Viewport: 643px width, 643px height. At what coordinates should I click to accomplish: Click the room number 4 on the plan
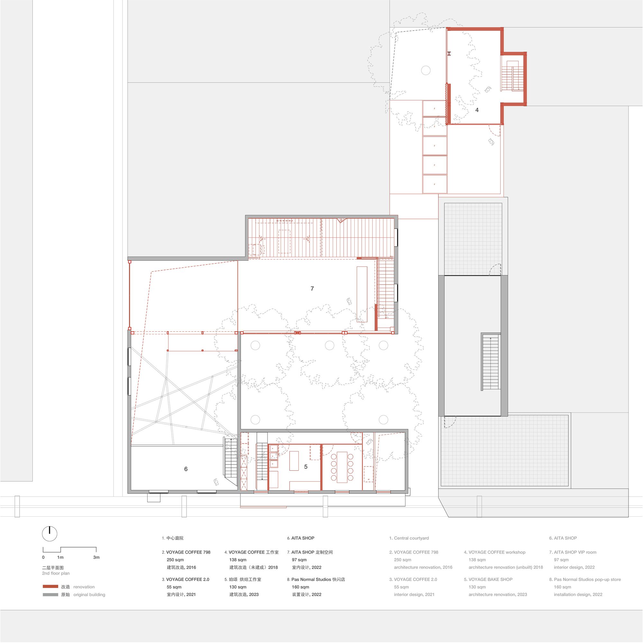477,110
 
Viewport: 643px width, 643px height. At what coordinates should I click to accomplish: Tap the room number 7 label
312,289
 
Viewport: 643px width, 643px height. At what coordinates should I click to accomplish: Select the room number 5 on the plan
306,467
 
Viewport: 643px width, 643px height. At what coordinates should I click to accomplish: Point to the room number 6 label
186,469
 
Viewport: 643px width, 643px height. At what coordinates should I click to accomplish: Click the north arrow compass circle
50,534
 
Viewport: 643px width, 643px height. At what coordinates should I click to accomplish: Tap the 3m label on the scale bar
96,557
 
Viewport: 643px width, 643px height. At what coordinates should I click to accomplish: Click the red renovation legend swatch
50,587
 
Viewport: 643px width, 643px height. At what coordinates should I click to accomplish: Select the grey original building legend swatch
50,595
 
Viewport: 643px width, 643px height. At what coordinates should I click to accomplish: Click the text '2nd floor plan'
56,574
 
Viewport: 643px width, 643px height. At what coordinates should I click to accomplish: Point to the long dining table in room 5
342,467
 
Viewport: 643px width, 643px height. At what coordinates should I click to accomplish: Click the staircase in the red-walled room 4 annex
512,76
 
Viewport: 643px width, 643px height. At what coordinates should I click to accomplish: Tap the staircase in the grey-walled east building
491,362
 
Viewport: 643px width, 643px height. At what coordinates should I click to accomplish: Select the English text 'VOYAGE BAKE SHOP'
491,579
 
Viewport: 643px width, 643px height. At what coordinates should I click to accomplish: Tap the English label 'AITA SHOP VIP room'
575,552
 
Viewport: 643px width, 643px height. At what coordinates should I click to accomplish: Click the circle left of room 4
426,70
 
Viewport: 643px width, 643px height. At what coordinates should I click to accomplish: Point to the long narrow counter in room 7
362,294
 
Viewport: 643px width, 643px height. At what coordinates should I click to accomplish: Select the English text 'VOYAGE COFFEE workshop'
497,552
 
